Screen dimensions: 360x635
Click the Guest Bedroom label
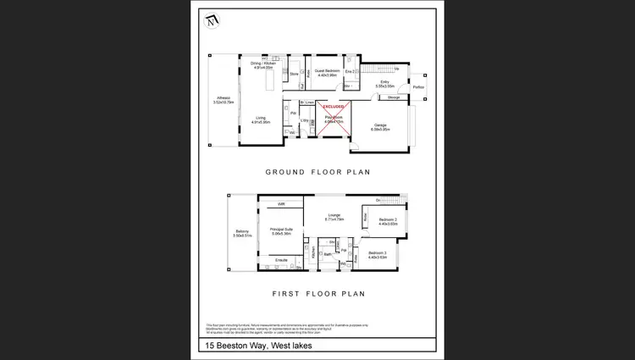click(x=327, y=72)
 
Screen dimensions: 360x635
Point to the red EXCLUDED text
click(x=333, y=107)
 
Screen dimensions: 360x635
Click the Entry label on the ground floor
click(x=384, y=83)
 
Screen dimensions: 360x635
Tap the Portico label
click(x=417, y=87)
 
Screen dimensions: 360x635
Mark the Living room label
click(x=261, y=119)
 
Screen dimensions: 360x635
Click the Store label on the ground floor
click(x=294, y=75)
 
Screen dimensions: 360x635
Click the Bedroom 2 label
click(x=387, y=220)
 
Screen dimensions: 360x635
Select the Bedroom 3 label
click(x=378, y=254)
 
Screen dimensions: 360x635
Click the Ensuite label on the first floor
click(x=281, y=260)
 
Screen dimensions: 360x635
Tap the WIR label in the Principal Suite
click(x=281, y=204)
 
